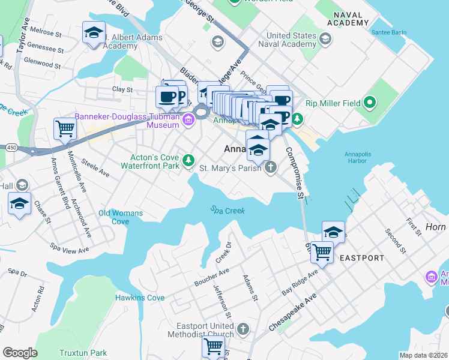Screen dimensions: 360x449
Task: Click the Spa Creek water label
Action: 228,211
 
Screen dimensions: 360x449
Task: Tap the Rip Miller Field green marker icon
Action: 369,103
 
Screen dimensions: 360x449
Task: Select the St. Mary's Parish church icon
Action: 271,168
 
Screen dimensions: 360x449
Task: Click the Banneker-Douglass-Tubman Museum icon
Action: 188,120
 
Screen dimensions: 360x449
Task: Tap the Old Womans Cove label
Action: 121,217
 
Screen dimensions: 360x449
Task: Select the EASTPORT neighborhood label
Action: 361,258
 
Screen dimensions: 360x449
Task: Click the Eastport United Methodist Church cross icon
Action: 243,329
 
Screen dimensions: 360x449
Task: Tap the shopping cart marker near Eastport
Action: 322,251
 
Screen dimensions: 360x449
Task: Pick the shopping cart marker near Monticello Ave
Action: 64,127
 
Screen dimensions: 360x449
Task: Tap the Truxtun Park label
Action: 83,353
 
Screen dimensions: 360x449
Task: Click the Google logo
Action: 20,353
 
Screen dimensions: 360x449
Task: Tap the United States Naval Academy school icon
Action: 325,40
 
